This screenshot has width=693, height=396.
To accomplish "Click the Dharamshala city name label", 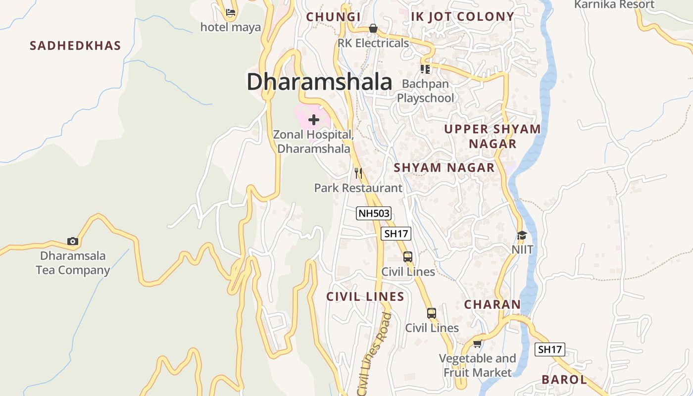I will point(319,82).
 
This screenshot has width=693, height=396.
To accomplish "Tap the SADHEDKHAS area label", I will point(75,46).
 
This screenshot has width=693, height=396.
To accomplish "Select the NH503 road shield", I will point(374,214).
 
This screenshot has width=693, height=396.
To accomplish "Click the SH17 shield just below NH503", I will point(396,234).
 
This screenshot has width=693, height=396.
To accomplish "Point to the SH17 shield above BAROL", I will point(550,349).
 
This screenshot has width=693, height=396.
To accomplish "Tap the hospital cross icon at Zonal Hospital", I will point(314,120).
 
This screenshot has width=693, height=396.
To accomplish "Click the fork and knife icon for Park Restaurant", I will point(358,173).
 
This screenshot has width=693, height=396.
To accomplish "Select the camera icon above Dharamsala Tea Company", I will point(73,242).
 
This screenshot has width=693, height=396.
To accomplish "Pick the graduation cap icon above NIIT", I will point(522,235).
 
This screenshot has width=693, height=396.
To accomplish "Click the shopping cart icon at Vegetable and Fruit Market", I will point(477,344).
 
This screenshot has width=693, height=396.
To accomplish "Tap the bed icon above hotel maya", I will point(231,12).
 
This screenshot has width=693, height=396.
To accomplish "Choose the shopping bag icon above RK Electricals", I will point(373,29).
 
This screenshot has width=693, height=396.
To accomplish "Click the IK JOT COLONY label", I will point(463,17).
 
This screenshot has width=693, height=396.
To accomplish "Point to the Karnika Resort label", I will point(614,4).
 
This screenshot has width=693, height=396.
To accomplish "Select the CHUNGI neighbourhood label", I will point(333,17).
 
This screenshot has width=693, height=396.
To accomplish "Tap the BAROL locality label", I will point(564,380).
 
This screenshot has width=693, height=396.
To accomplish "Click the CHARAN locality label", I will point(493,304).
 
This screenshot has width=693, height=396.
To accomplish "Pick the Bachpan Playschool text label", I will point(426,91).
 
